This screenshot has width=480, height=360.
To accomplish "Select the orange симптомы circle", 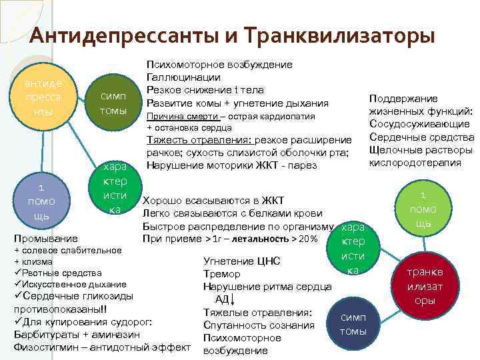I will pos(113,103).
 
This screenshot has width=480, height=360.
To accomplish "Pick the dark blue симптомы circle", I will pos(353,325).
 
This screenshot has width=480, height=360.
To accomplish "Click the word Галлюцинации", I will pos(178,77).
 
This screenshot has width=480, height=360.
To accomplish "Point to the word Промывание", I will pos(45,238).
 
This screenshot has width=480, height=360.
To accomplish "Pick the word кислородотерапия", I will pos(415,162).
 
